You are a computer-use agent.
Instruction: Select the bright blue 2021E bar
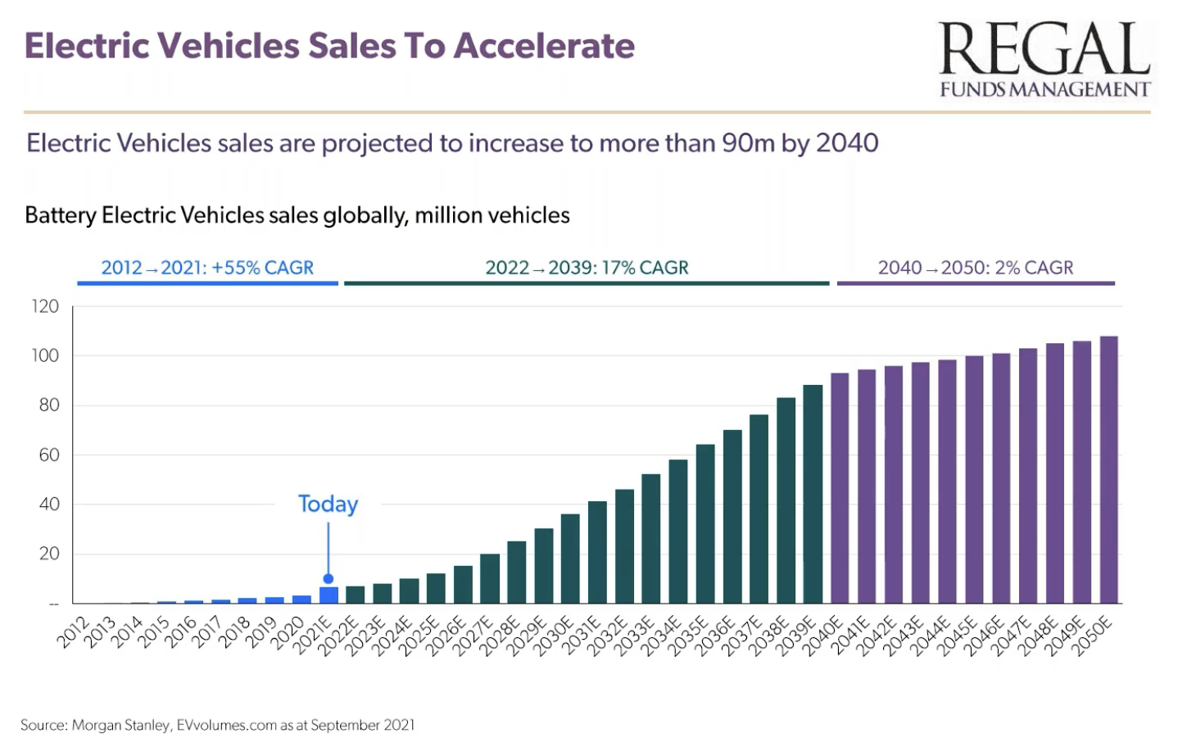(328, 595)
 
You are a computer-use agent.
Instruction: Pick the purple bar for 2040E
(840, 488)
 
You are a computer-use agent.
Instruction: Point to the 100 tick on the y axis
(46, 355)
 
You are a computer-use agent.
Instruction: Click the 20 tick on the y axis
(49, 554)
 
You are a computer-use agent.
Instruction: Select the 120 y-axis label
(46, 306)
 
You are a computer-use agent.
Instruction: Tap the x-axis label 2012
(74, 632)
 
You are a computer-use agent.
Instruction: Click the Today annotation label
(328, 504)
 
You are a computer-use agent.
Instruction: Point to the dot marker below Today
(328, 578)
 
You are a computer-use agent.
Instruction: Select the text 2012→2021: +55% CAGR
(207, 268)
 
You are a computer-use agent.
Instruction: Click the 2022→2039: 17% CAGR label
(587, 268)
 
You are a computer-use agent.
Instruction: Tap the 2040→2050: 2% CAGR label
(976, 268)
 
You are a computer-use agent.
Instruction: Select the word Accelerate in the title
(544, 46)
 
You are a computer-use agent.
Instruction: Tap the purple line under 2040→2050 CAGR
(976, 283)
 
